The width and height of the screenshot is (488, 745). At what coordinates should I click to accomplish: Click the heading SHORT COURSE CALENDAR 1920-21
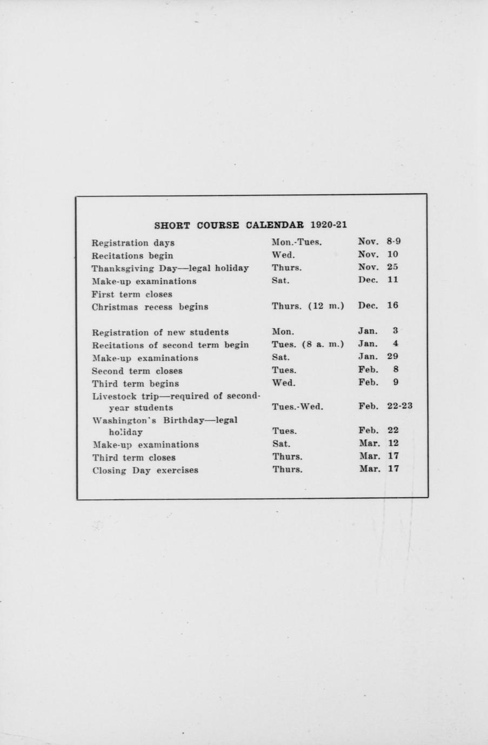pos(250,225)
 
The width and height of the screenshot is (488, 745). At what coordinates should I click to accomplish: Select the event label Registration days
pos(133,243)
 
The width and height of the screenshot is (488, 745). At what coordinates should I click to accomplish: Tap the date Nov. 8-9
pos(379,242)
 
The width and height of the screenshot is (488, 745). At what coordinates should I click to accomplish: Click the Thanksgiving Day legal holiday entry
pos(170,269)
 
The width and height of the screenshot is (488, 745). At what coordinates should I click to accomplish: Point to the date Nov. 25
pos(378,267)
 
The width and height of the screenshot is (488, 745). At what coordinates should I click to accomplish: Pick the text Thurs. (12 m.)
pos(307,306)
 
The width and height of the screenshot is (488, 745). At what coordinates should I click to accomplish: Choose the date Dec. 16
pos(378,305)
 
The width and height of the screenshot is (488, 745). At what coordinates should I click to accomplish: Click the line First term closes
pos(132,294)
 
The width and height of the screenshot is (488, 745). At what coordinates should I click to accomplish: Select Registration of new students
pos(160,332)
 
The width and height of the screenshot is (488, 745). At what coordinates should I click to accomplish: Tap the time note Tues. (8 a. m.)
pos(307,344)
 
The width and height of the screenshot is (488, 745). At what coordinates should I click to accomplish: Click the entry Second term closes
pos(137,371)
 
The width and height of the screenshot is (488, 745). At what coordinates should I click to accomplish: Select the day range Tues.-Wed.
pos(297,407)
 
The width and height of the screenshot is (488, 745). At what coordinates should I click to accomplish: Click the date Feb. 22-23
pos(385,407)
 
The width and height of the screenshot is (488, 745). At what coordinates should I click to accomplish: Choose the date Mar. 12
pos(379,443)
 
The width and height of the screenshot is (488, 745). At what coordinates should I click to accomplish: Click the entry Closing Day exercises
pos(145,470)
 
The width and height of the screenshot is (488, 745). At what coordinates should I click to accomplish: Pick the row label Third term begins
pos(135,384)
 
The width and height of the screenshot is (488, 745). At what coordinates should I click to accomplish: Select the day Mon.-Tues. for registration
pos(297,243)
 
